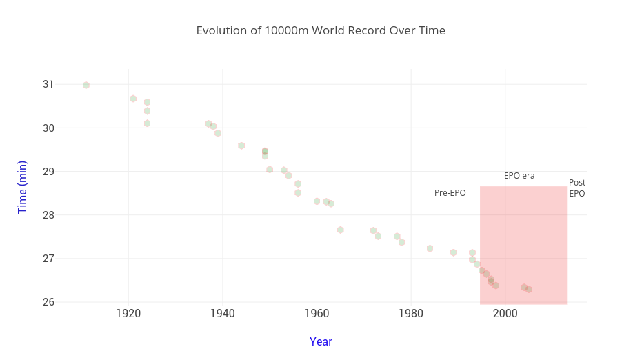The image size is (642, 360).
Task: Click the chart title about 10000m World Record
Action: point(321,31)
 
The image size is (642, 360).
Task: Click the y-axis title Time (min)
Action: point(23,187)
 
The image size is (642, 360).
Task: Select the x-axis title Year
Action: point(321,341)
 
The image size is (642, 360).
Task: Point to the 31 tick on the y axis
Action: point(48,84)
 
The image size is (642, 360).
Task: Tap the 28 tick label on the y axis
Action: point(48,215)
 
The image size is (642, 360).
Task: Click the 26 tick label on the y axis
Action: point(48,302)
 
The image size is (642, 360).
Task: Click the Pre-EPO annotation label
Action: point(450,193)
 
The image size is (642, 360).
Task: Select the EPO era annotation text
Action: point(519,176)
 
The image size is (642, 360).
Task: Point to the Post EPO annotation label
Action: point(577,188)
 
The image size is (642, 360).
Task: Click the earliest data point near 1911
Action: point(86,86)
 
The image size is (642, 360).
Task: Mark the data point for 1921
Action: point(133,99)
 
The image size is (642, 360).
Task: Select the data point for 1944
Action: point(241,146)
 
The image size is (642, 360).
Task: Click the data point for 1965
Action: point(341,230)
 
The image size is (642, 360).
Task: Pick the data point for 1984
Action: point(430,248)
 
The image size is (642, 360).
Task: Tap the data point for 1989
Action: point(453,252)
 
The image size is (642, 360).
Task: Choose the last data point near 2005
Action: point(529,289)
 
